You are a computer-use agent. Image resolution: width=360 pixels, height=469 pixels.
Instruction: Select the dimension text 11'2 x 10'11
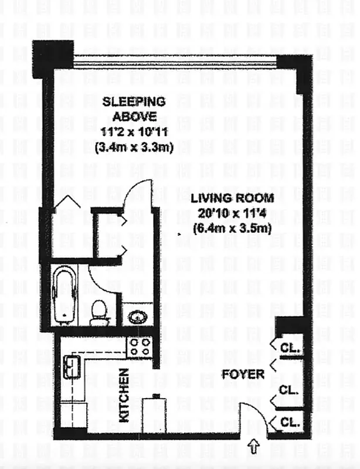134,135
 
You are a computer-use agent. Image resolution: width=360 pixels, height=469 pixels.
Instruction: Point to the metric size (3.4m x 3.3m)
134,148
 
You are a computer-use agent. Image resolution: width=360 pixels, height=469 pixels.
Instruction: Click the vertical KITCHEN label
124,395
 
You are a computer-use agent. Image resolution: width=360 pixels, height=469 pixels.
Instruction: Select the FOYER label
243,374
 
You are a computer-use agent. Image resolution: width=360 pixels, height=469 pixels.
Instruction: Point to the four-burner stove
140,348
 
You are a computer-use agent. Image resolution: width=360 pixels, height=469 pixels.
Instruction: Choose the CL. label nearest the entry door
290,422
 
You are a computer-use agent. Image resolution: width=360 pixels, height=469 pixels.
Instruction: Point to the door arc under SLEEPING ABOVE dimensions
141,193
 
